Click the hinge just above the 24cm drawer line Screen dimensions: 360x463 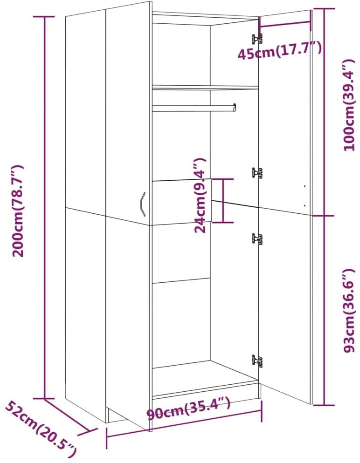pyautogui.click(x=257, y=173)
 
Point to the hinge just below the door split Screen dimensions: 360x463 pyautogui.click(x=257, y=238)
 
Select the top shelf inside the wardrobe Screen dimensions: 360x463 pyautogui.click(x=205, y=87)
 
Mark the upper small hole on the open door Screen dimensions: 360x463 pyautogui.click(x=305, y=186)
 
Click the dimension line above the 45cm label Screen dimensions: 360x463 pyautogui.click(x=285, y=27)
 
